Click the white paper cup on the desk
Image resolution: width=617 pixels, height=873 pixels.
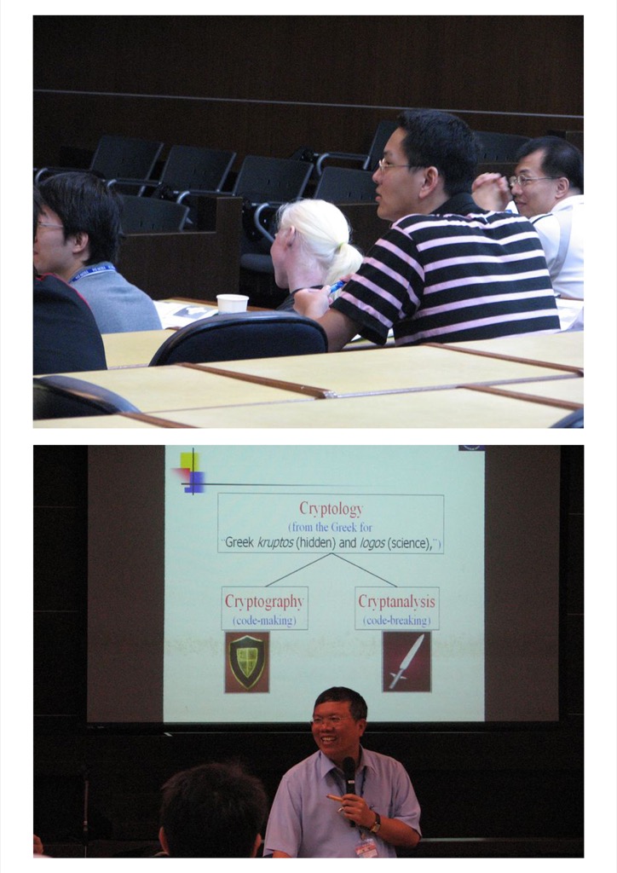coord(232,304)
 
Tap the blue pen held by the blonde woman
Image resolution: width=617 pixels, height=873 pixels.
coord(337,286)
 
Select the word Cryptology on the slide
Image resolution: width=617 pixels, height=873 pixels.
coord(331,508)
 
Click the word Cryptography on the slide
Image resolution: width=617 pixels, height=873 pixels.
coord(264,601)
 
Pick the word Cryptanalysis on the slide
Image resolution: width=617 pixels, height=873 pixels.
coord(396,601)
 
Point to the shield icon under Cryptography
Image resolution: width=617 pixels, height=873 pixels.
coord(247,662)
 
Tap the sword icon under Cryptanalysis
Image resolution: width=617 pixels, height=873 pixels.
coord(407,662)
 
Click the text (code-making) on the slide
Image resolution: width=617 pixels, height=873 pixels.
coord(264,621)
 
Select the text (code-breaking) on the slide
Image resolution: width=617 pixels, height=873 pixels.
coord(396,621)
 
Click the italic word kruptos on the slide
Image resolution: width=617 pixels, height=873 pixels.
coord(275,543)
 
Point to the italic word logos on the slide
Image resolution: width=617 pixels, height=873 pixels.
coord(372,543)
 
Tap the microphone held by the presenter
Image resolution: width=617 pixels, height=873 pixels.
coord(349,778)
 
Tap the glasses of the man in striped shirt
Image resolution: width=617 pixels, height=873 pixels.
coord(394,165)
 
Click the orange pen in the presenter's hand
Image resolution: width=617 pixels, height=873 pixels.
coord(335,799)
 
